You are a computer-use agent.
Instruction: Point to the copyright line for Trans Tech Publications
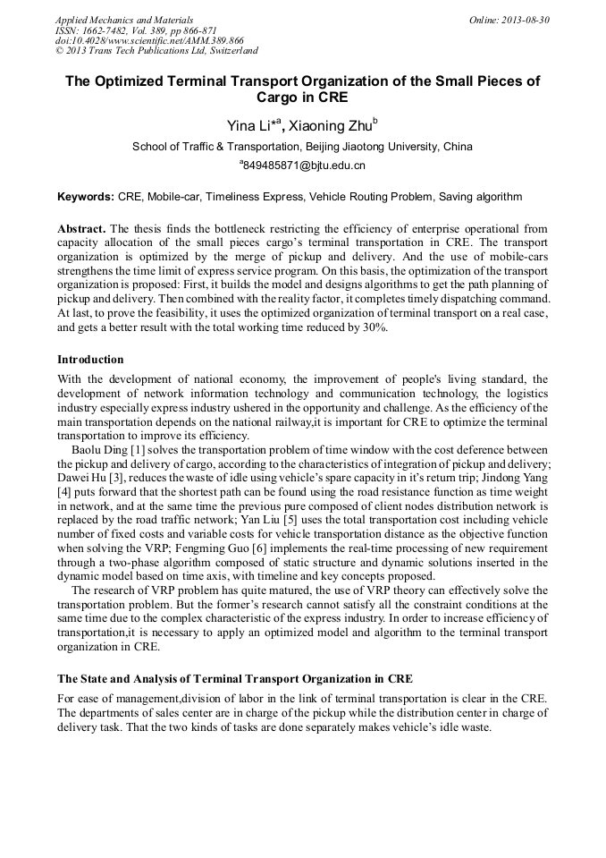(156, 51)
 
